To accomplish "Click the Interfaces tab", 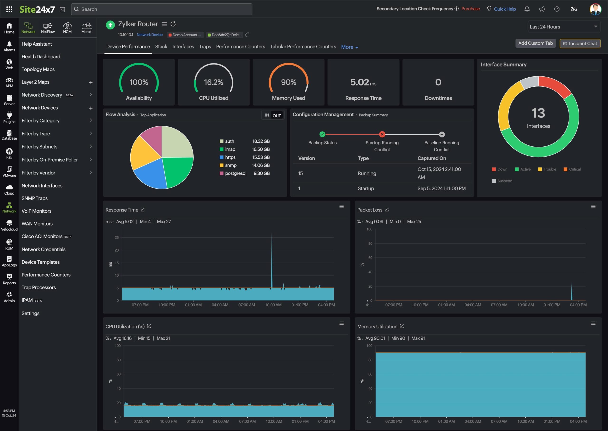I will pyautogui.click(x=183, y=47).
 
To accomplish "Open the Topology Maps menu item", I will pyautogui.click(x=38, y=69).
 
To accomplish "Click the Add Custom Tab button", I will pyautogui.click(x=535, y=43).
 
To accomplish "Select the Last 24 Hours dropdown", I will pyautogui.click(x=563, y=27).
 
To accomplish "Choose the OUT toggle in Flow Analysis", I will pyautogui.click(x=276, y=115).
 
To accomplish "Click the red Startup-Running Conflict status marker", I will pyautogui.click(x=382, y=134).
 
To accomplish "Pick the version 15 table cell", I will pyautogui.click(x=300, y=173).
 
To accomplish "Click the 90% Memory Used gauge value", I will pyautogui.click(x=288, y=82).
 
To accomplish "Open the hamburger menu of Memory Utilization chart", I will pyautogui.click(x=593, y=323).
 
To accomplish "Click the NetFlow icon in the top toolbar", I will pyautogui.click(x=48, y=28).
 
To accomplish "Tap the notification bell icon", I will pyautogui.click(x=527, y=9).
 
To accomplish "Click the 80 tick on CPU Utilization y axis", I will pyautogui.click(x=119, y=360).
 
